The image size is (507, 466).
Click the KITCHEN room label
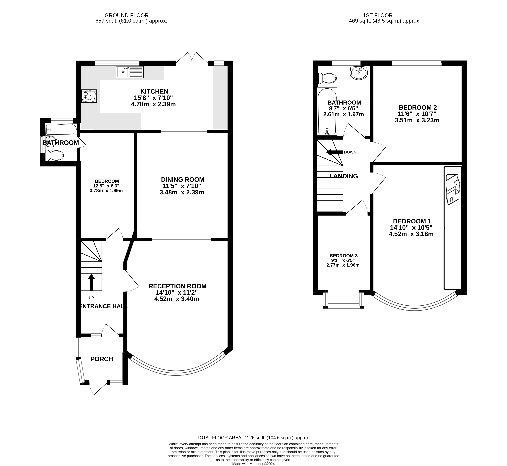coord(154,91)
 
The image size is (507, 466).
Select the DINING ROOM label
coord(183,180)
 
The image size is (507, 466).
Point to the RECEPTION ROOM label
coord(177,286)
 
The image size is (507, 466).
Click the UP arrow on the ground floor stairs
coord(91,282)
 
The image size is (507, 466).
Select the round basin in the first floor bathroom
coord(358,73)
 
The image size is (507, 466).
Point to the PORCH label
coord(102,359)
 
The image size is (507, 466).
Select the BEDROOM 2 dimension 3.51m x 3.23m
coord(417,120)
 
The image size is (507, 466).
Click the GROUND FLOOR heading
coord(127,15)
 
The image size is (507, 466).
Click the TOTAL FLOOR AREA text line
coord(253,438)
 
